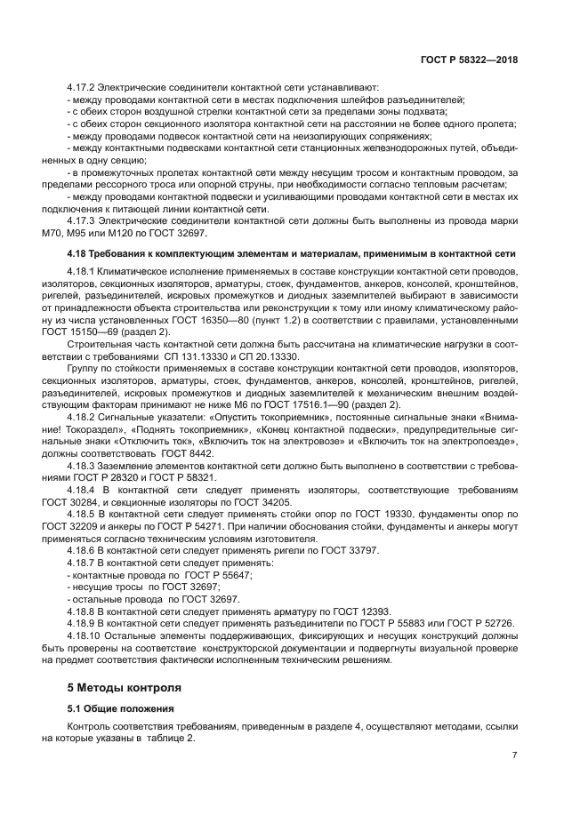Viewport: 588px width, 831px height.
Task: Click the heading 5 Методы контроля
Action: (125, 687)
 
